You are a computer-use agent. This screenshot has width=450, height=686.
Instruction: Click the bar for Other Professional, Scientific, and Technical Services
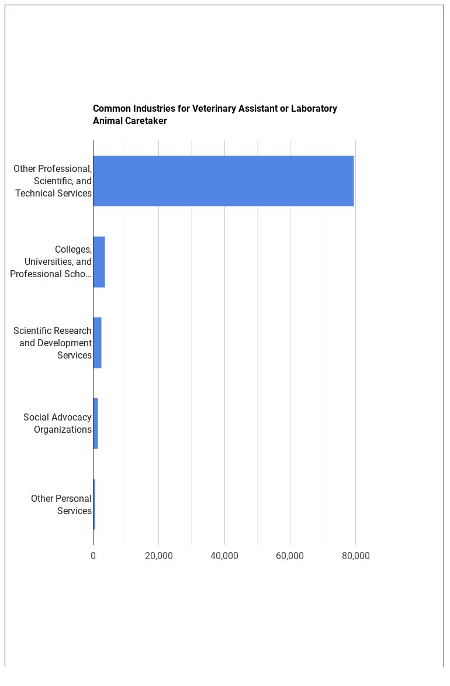[223, 181]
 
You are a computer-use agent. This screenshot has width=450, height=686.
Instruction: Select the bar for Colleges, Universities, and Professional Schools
[99, 261]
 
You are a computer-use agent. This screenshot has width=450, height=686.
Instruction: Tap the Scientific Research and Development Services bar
[97, 343]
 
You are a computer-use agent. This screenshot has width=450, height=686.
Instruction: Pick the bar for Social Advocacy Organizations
[95, 423]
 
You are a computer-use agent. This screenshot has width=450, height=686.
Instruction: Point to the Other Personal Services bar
[94, 504]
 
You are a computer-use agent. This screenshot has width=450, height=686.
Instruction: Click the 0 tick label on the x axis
[93, 556]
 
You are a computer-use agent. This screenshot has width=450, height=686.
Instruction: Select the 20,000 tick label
[158, 556]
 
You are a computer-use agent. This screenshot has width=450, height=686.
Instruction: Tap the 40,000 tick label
[224, 556]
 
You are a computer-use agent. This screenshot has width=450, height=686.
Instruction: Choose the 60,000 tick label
[290, 556]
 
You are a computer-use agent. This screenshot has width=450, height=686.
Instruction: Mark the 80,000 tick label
[355, 556]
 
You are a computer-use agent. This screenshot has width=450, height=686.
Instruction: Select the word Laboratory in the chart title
[314, 108]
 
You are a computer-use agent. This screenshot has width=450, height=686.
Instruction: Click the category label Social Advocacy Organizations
[57, 423]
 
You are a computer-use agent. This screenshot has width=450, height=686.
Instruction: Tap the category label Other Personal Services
[61, 505]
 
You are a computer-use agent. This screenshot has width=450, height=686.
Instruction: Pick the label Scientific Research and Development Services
[53, 343]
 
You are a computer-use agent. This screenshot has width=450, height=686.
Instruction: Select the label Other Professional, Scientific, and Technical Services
[53, 181]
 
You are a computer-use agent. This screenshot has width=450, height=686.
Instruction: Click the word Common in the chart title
[112, 108]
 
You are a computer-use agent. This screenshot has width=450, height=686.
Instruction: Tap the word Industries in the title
[154, 108]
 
